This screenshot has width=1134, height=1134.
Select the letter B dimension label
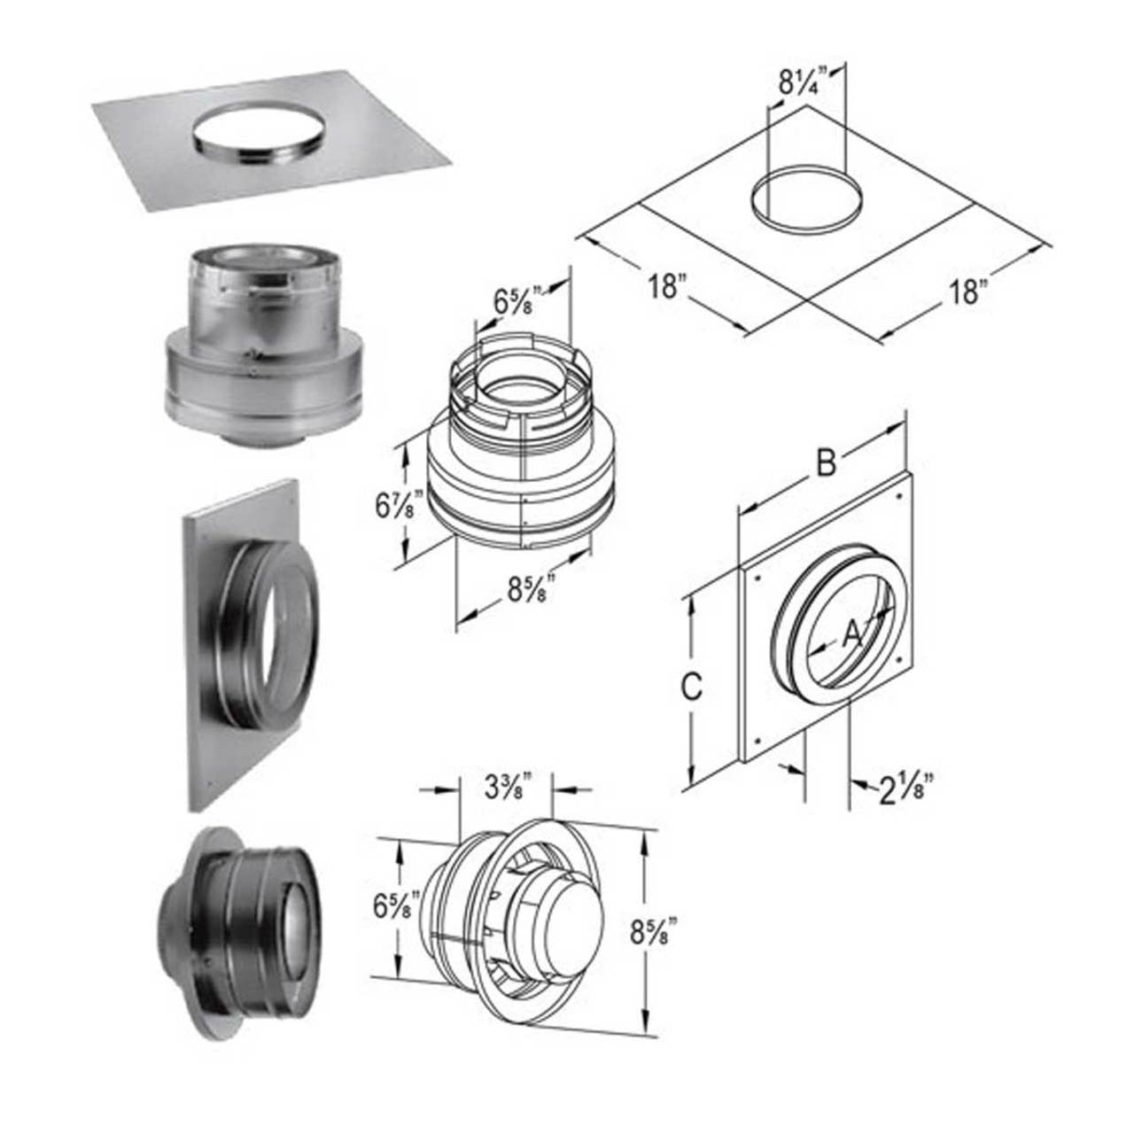tap(826, 463)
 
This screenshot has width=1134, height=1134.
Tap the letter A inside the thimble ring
tap(850, 633)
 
